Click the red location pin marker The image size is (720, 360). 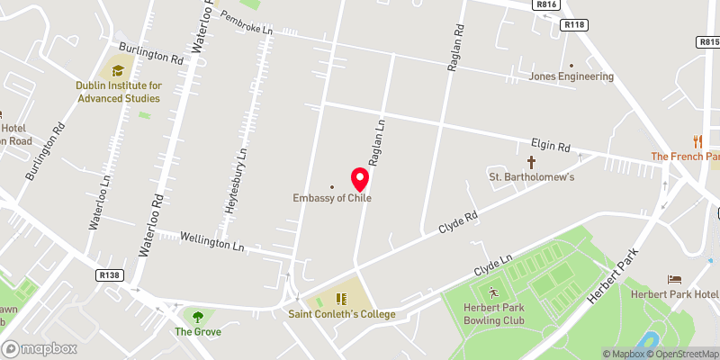359,177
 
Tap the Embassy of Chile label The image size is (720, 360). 332,198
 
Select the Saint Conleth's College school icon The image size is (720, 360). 341,299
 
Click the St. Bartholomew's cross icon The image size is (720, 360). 531,162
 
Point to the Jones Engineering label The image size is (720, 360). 571,76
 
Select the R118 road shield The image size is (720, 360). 573,24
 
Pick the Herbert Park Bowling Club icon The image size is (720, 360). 492,292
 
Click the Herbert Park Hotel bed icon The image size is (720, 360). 673,280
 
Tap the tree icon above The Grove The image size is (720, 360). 196,316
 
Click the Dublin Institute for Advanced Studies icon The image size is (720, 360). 118,70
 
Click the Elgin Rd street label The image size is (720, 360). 551,145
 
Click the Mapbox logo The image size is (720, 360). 39,348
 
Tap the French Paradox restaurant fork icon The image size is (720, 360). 697,141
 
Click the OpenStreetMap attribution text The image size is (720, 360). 685,354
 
